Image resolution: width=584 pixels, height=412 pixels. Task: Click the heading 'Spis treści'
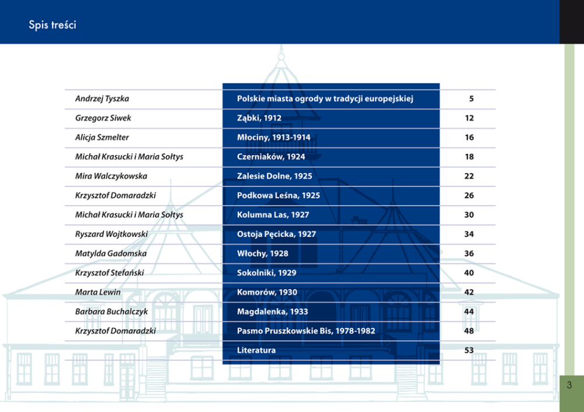pos(53,25)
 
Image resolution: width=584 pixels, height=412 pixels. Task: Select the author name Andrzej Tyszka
pos(102,99)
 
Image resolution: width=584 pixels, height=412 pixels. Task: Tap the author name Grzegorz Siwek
pos(103,118)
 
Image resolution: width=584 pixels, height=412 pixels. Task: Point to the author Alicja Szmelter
pos(102,137)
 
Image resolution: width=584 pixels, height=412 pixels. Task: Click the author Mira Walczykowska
pos(111,176)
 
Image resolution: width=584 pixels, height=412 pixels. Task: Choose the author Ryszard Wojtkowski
pos(112,234)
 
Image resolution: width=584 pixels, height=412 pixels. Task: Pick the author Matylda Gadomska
pos(111,254)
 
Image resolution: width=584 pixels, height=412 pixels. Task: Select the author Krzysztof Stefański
pos(110,273)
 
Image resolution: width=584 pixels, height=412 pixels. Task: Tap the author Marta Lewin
pos(98,292)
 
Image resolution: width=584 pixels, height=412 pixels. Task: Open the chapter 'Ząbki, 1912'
pos(259,118)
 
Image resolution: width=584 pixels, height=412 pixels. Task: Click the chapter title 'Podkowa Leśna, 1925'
pos(279,195)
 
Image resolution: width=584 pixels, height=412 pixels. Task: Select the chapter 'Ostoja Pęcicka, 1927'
pos(276,234)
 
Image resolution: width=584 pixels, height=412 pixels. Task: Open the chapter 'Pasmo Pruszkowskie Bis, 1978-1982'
pos(306,331)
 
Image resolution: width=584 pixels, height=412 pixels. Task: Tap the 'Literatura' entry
pos(256,350)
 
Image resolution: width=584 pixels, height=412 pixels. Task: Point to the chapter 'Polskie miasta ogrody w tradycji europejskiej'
pos(325,99)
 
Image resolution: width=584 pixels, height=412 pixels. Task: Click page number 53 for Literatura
pos(469,350)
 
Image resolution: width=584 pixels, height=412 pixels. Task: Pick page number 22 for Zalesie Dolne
pos(469,176)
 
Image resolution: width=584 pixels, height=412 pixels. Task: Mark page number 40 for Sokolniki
pos(469,273)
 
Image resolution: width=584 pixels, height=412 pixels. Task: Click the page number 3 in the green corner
pos(569,385)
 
